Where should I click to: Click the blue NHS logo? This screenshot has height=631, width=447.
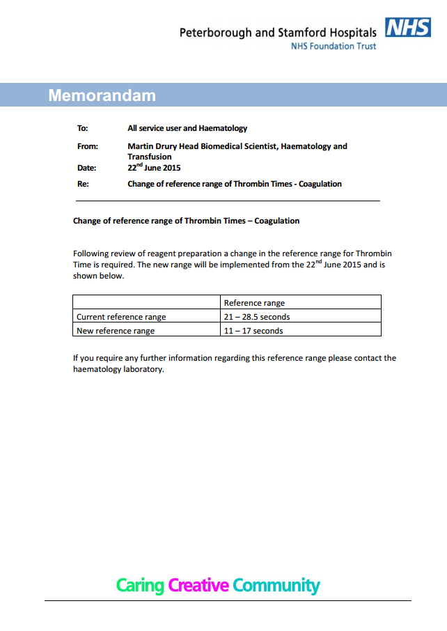407,28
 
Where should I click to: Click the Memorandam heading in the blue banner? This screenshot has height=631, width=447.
102,95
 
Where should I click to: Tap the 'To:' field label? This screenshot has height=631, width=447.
82,128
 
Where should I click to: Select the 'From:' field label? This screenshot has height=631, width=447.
87,146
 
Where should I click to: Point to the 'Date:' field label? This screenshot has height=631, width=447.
86,168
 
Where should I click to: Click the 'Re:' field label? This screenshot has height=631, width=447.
83,184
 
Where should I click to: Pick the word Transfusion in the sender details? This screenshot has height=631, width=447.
149,157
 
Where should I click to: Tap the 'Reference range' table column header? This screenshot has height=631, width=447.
254,303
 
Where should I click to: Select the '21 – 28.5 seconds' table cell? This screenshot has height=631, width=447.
257,317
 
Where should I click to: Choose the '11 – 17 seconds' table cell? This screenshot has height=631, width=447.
253,331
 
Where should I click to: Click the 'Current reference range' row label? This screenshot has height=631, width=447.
121,317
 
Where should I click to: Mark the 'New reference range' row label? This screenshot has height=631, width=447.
116,331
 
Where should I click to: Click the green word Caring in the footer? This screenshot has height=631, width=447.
140,585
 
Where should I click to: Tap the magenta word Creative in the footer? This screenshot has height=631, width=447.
198,585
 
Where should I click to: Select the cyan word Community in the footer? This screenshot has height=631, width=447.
276,585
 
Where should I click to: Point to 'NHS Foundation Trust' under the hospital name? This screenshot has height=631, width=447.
334,46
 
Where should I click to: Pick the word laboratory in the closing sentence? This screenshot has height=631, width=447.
141,369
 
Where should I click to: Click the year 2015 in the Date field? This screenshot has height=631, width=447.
171,168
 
